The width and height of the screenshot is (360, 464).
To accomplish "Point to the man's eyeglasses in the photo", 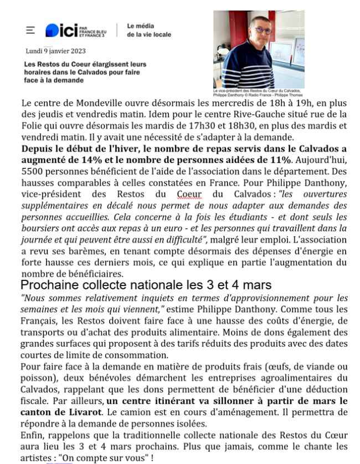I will point(263,30).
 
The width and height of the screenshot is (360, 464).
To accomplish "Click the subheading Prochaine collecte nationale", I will point(146,285).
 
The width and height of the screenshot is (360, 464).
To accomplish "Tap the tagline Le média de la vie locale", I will point(148,30).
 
